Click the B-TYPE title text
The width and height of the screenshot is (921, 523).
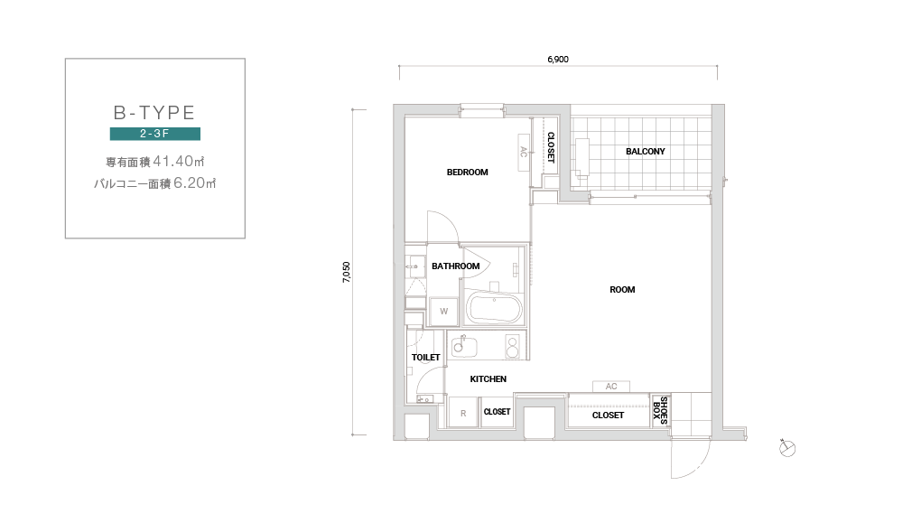[154, 112]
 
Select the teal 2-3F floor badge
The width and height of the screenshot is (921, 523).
[155, 134]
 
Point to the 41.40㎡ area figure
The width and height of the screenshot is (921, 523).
[179, 161]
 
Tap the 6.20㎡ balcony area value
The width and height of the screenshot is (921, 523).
[195, 182]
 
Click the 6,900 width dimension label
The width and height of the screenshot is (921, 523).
[558, 60]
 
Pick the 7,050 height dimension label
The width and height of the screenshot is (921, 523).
[347, 272]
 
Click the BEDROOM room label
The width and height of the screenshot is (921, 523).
[468, 173]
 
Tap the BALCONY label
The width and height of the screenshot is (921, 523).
[646, 152]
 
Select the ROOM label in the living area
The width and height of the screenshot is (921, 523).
[622, 290]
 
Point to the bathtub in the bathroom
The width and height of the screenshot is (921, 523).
[493, 308]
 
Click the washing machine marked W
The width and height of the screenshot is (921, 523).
[444, 312]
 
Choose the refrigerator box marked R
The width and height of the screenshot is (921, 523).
[463, 413]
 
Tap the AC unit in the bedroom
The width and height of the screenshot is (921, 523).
[524, 152]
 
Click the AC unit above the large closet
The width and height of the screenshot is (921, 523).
[611, 387]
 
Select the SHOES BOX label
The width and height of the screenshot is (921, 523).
[660, 410]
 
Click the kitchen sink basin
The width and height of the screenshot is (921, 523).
[463, 346]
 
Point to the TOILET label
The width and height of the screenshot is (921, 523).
[426, 358]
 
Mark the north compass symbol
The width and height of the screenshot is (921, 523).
[787, 448]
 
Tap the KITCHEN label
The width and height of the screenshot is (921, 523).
[488, 379]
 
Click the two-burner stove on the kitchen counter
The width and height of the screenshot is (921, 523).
[513, 346]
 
